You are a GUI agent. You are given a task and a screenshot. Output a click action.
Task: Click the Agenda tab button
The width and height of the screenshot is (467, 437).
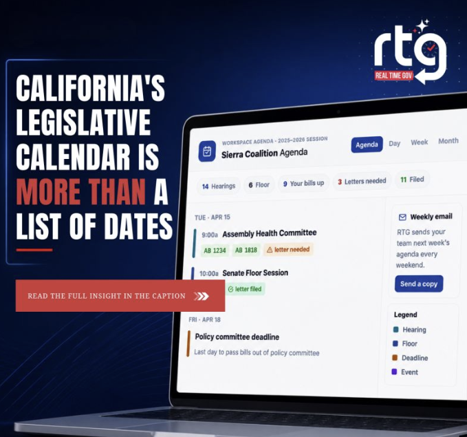[367, 145]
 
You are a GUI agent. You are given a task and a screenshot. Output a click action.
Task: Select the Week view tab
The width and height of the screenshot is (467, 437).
[419, 142]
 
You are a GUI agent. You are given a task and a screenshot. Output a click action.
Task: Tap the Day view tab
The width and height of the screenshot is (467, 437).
[394, 143]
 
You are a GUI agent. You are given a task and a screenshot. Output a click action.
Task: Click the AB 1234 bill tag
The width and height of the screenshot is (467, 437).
[215, 251]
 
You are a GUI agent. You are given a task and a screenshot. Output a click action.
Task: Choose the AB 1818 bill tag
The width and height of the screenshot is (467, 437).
[246, 250]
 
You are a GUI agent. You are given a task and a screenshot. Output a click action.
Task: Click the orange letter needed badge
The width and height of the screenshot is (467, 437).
[288, 249]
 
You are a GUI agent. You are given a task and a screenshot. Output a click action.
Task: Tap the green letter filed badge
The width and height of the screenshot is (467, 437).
[245, 289]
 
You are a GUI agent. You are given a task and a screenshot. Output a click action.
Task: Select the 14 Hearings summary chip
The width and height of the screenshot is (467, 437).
[219, 186]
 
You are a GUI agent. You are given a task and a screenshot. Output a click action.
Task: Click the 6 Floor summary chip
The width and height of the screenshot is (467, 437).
[259, 185]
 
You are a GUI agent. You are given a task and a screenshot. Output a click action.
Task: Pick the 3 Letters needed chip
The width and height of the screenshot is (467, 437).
[362, 181]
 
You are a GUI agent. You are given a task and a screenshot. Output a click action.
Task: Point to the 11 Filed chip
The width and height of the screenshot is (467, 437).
[412, 180]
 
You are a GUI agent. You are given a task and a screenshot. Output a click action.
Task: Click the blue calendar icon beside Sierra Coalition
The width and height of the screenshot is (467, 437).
[207, 151]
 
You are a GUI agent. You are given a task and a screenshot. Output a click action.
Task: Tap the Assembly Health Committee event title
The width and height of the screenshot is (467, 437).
[269, 233]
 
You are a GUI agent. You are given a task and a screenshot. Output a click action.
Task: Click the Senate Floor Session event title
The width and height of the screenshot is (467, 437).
[255, 273]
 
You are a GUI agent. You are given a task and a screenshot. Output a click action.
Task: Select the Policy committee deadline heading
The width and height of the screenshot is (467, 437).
[237, 337]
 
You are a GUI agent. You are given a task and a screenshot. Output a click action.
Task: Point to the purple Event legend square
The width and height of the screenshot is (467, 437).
[394, 372]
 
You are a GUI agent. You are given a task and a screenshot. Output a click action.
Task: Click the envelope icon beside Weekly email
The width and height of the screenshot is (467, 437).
[402, 217]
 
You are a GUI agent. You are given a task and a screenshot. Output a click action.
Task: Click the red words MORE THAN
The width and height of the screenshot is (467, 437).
[81, 192]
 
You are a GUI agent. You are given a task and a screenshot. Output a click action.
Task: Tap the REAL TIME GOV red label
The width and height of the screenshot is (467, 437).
[393, 76]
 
